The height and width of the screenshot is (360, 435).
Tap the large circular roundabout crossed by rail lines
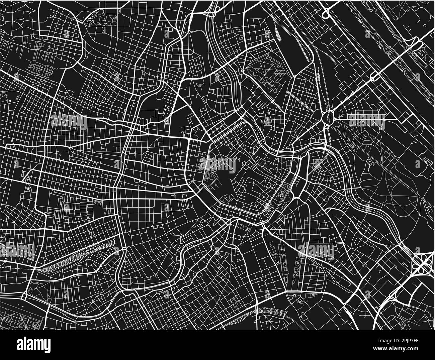click(x=328, y=117)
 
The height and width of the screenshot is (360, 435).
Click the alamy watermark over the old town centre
click(x=217, y=163)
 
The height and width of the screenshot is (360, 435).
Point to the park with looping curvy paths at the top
click(x=100, y=20)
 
